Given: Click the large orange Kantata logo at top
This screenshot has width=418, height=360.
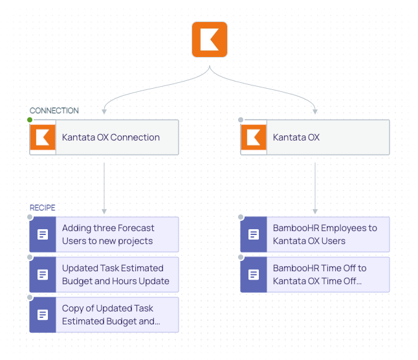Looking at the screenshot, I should click(210, 39).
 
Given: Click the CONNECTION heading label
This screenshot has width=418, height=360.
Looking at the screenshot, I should click(54, 111).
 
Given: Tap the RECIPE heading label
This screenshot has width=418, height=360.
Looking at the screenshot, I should click(43, 208).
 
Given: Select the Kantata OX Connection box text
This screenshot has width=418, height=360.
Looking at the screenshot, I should click(111, 137).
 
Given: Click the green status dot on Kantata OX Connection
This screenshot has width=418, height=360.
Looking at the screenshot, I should click(30, 120).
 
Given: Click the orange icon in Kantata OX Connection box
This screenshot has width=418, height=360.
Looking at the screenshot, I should click(43, 137).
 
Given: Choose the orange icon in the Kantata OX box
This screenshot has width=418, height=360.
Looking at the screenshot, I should click(254, 137).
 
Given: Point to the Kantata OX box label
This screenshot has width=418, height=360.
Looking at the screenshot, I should click(296, 137).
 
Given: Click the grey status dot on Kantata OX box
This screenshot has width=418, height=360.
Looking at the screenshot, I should click(241, 120).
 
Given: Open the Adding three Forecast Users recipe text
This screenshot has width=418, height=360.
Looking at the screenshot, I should click(108, 234).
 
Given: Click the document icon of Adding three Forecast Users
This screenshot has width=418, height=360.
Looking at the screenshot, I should click(43, 234).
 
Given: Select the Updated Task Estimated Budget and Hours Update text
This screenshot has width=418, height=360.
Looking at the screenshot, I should click(116, 275).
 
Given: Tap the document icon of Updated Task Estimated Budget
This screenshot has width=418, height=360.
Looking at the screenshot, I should click(43, 275).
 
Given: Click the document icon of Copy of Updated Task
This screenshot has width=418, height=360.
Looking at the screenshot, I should click(43, 315).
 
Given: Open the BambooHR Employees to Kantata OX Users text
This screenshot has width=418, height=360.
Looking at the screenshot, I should click(325, 234).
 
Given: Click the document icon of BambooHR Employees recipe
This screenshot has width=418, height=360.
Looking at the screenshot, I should click(254, 234).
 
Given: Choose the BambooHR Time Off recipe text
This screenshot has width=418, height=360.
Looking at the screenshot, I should click(320, 275).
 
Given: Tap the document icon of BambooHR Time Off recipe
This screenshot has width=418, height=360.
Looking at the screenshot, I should click(254, 275).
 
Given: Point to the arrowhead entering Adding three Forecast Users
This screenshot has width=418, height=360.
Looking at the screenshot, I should click(104, 211).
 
